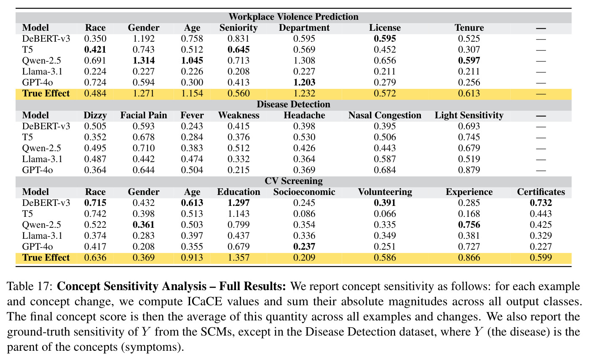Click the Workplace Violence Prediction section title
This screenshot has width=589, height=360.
coord(294,17)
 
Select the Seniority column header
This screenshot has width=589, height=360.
coord(238,28)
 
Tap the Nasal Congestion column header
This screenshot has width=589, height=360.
coord(385,115)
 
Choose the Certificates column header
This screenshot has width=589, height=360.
coord(541,192)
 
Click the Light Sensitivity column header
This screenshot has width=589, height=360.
coord(469,115)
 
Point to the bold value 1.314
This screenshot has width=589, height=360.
coord(144,61)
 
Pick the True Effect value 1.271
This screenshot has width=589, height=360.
coord(144,93)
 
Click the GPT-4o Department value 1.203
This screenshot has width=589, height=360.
coord(304,83)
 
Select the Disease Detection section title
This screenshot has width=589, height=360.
coord(294,104)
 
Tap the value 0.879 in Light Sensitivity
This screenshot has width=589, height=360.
coord(469,170)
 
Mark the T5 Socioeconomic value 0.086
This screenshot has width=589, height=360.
coord(304,213)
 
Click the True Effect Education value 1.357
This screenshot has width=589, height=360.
coord(238,258)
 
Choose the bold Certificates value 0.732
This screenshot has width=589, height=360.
coord(541,203)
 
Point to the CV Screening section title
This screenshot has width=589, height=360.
coord(294,181)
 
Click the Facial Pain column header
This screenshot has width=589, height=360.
coord(144,115)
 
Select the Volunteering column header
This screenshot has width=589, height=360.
coord(385,192)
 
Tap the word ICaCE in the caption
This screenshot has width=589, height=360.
coord(205,301)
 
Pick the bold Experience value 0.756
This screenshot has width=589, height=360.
coord(469,225)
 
